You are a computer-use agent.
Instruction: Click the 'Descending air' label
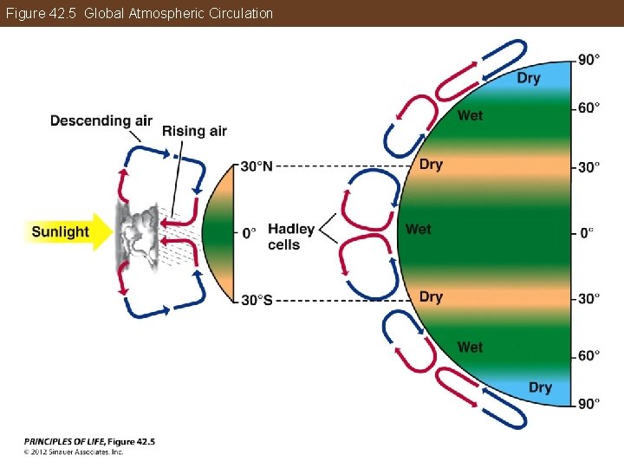[x=101, y=120]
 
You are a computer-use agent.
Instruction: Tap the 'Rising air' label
[x=194, y=131]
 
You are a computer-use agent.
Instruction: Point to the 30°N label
[x=257, y=166]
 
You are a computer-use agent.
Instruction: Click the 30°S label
[x=257, y=300]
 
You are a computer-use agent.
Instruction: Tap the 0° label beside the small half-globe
[x=249, y=232]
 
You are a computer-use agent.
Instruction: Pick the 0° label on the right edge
[x=587, y=232]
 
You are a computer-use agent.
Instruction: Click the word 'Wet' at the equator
[x=418, y=229]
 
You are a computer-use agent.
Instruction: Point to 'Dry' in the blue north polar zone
[x=528, y=78]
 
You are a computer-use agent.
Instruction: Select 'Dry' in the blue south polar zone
[x=540, y=387]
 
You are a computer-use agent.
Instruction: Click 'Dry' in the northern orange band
[x=431, y=164]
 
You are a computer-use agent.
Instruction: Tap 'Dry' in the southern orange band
[x=431, y=297]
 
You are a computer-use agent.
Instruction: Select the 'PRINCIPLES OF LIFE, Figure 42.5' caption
[x=89, y=441]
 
